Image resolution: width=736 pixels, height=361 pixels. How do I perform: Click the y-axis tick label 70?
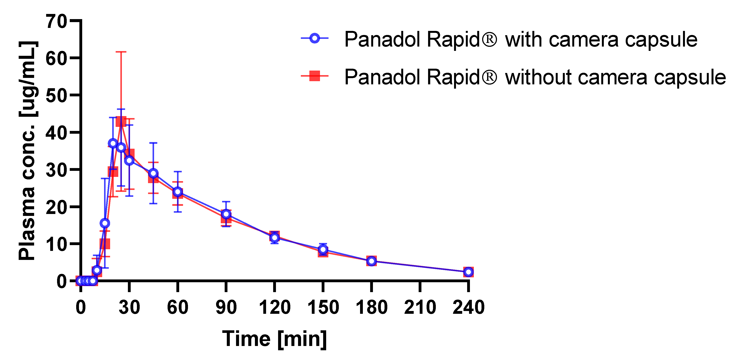coord(56,21)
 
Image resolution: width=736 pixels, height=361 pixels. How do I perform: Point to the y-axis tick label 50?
coord(56,96)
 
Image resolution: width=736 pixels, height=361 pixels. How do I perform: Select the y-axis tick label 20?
coord(56,207)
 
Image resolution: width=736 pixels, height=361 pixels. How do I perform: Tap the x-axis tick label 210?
coord(420,308)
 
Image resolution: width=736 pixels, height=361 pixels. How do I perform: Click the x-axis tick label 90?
coord(226,308)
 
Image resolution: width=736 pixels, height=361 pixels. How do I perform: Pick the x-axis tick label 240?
coord(468,308)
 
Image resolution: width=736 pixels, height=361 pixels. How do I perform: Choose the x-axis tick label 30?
coord(129,308)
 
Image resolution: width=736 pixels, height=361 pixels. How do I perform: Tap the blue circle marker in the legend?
coord(315,38)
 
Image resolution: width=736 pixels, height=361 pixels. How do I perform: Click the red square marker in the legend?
coord(315,76)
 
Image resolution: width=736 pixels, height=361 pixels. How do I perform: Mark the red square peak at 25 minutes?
coord(121,121)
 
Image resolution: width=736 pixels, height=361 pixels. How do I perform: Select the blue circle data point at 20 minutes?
coord(113,143)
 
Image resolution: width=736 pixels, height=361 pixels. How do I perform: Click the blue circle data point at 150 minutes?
coord(323,249)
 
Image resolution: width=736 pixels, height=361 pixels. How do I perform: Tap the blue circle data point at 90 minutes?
coord(226,214)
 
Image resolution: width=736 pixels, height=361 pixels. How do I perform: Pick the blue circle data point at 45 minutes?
coord(153,173)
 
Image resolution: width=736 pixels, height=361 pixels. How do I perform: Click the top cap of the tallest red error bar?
coord(121,52)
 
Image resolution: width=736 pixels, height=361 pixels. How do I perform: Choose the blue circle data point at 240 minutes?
coord(468,272)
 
